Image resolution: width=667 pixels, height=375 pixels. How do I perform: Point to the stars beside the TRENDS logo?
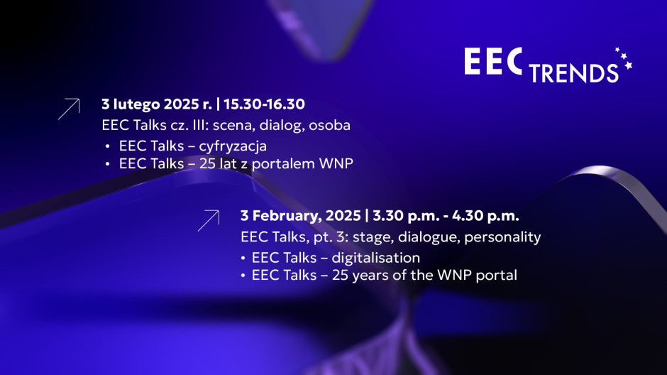[624, 60]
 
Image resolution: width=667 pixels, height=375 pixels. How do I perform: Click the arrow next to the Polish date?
[69, 109]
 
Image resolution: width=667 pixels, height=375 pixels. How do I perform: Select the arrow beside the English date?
[208, 220]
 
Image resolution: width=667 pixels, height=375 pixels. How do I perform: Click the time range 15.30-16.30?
[264, 104]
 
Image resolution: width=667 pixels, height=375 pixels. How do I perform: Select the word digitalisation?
[379, 257]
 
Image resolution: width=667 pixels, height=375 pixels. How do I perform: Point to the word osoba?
[331, 125]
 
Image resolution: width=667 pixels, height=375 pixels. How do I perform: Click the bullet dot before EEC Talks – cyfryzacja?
[108, 146]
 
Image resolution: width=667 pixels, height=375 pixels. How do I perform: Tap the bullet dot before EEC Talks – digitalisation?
[244, 258]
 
